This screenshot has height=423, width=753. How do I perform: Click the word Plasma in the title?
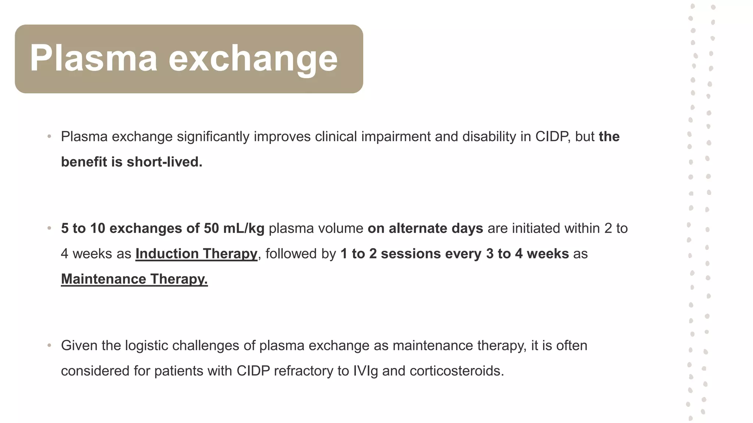(93, 58)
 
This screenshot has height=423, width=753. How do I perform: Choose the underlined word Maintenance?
(103, 279)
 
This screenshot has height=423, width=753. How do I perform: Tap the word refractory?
(303, 371)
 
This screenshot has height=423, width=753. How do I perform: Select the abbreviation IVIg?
(365, 371)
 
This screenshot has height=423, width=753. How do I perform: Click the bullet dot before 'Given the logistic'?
(49, 346)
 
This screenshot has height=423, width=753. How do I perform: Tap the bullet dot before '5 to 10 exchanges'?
(49, 228)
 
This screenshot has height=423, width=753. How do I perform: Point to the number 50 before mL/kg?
(211, 228)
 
